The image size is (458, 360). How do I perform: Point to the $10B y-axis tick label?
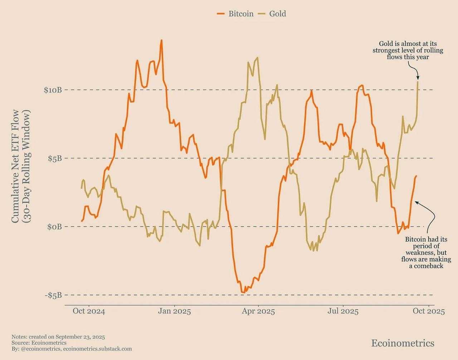pos(53,90)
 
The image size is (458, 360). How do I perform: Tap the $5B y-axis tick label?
pos(55,158)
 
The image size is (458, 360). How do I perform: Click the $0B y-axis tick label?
pos(55,227)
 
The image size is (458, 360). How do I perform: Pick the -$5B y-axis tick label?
pos(53,295)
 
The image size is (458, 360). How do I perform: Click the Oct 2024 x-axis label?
pos(89,311)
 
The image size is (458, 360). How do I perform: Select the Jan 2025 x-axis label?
pos(174,311)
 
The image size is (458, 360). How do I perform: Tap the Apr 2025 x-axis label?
pos(258,311)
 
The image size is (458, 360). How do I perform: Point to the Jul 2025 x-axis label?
pos(343,311)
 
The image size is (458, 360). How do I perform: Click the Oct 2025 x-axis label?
pos(428,311)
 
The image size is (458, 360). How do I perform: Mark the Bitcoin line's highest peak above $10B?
pos(161,40)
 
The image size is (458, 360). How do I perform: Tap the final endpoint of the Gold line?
pos(418,82)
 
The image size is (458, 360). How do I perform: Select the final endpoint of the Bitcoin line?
pos(416,176)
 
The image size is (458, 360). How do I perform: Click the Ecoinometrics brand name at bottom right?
pos(403,343)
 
